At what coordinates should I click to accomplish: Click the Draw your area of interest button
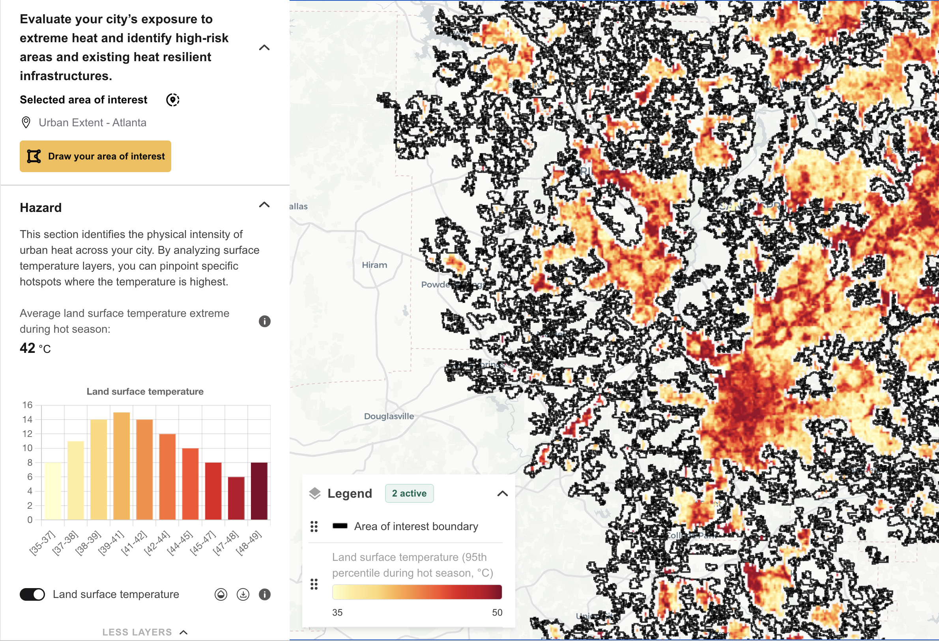coord(95,156)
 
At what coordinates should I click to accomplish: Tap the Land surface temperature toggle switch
coord(32,594)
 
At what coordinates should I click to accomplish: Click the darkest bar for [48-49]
coord(259,491)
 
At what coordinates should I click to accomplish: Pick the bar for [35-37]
coord(52,491)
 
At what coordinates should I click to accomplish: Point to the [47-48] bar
coord(236,499)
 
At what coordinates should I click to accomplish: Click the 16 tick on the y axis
coord(28,405)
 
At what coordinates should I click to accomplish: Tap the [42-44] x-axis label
coord(157,544)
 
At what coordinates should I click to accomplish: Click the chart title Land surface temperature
coord(145,391)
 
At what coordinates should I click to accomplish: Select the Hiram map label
coord(374,265)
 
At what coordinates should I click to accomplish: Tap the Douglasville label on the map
coord(389,416)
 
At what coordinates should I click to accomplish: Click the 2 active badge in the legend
coord(409,493)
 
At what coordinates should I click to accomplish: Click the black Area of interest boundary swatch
coord(340,526)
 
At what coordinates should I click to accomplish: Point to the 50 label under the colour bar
coord(497,612)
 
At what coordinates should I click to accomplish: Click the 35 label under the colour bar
coord(337,612)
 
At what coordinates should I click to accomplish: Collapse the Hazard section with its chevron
coord(264,205)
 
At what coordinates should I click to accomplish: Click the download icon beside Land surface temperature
coord(243,594)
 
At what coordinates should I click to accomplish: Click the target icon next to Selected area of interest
coord(173,100)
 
